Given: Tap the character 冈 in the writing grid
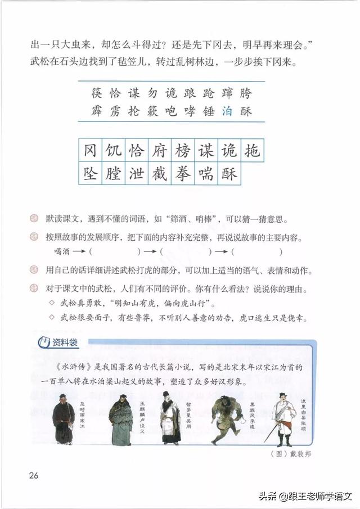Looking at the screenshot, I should tap(91, 151).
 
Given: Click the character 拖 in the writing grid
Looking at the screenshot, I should tap(251, 151).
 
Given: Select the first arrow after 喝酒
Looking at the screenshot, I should tap(78, 252).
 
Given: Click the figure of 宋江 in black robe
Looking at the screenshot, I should tap(64, 419).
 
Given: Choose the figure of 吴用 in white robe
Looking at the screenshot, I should tap(169, 419).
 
